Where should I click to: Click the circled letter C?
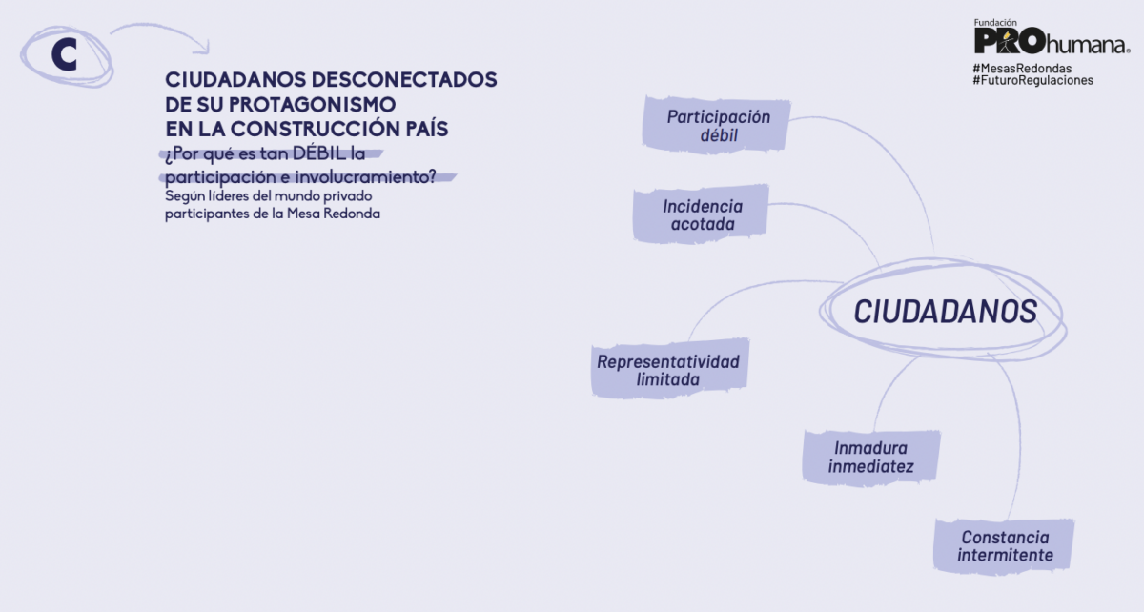(x=64, y=55)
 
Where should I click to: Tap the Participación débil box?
(x=718, y=126)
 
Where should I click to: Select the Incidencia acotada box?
(x=703, y=214)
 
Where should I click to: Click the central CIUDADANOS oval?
(x=945, y=312)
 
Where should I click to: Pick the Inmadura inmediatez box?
(x=870, y=457)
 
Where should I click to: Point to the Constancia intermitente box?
(x=1005, y=546)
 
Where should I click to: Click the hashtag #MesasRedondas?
(x=1022, y=69)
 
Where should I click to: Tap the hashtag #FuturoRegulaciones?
(x=1032, y=81)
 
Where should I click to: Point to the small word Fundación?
(x=995, y=21)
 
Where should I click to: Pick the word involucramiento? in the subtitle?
(x=372, y=176)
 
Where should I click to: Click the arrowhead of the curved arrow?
(x=201, y=47)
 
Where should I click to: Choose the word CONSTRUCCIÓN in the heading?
(x=335, y=127)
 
